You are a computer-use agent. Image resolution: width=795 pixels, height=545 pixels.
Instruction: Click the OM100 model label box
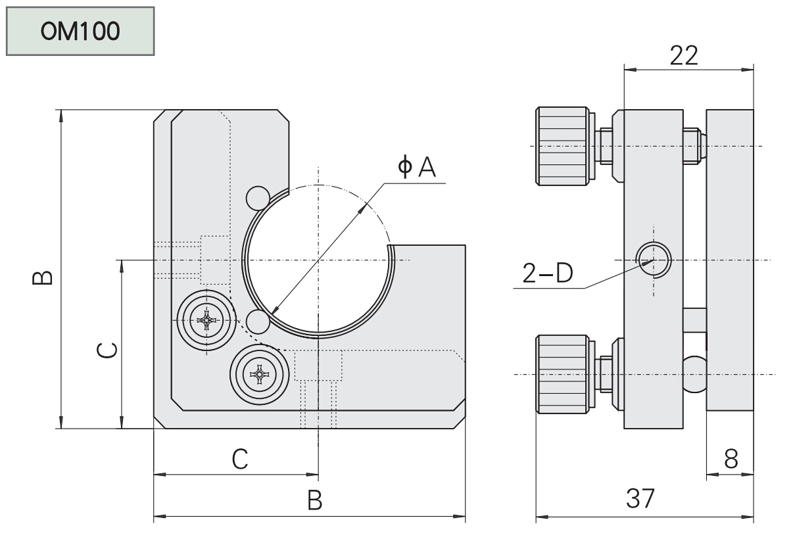click(x=80, y=31)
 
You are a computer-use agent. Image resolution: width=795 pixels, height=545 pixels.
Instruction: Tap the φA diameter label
click(x=417, y=168)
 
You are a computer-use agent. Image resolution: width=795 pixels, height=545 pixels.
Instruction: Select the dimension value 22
click(x=684, y=56)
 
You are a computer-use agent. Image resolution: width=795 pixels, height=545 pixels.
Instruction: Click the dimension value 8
click(x=731, y=460)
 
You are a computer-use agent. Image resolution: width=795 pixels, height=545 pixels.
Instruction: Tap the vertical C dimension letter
click(x=107, y=351)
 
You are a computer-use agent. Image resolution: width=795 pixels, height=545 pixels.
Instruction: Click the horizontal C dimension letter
click(x=240, y=459)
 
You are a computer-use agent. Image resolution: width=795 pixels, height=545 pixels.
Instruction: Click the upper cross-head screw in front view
click(x=206, y=321)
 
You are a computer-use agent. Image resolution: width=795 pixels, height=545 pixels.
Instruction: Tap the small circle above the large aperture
click(x=257, y=197)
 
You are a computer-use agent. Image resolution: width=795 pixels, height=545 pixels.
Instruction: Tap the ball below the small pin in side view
click(x=694, y=374)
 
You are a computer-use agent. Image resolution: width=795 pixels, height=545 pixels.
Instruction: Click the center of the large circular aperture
click(x=318, y=260)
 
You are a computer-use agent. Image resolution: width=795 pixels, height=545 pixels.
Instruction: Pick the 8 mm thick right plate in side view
click(x=729, y=260)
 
